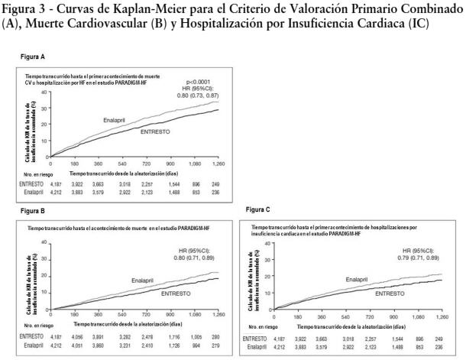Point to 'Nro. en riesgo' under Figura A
pyautogui.click(x=28, y=174)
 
